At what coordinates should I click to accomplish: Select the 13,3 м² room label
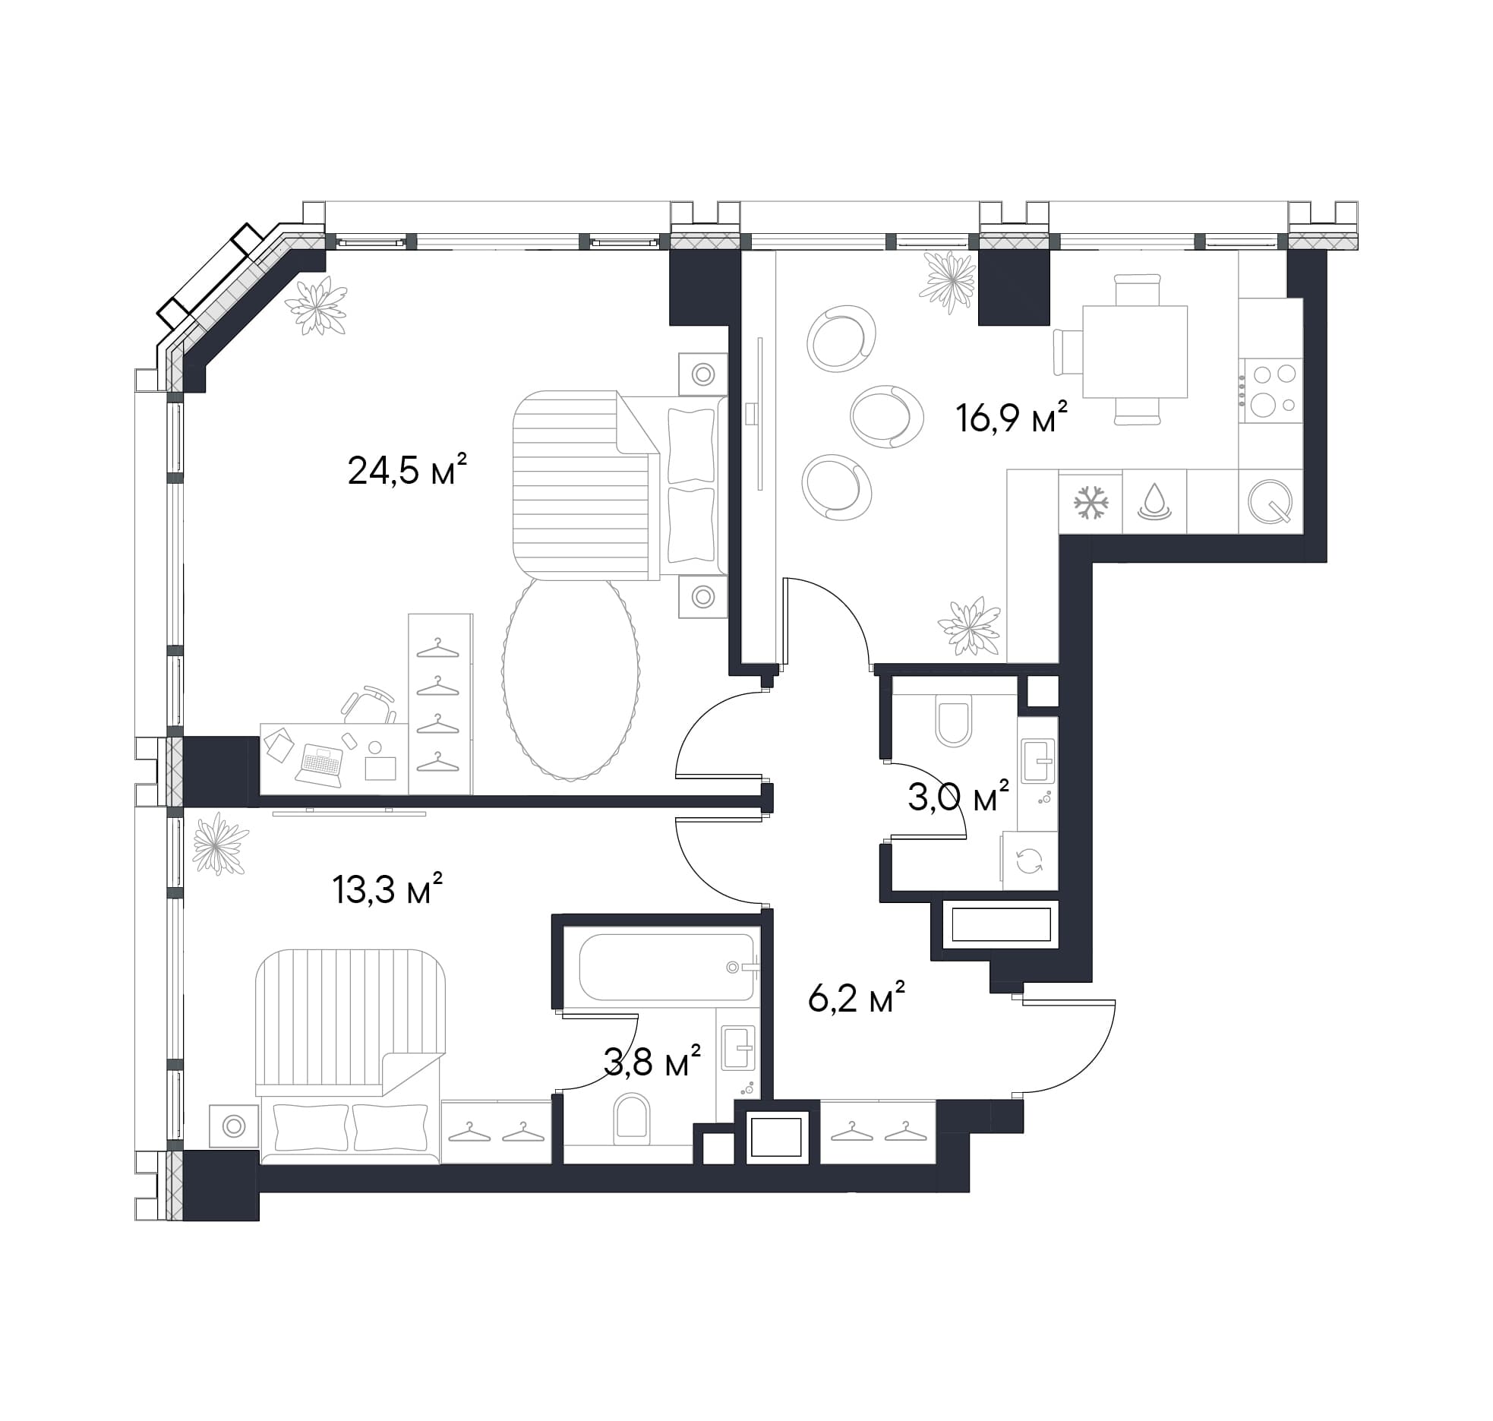coord(387,888)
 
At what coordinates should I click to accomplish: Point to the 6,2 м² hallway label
coord(857,997)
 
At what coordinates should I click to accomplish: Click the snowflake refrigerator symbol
coord(1091,502)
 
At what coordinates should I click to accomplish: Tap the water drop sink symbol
coord(1154,501)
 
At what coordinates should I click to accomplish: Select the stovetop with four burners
coord(1270,391)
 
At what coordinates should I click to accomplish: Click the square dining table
coord(1135,351)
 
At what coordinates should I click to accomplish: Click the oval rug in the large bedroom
coord(570,678)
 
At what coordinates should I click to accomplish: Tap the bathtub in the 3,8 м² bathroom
coord(667,967)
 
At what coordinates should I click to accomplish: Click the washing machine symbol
coord(1030,861)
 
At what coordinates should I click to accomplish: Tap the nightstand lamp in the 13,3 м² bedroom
coord(234,1126)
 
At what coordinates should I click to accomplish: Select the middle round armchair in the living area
coord(887,416)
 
